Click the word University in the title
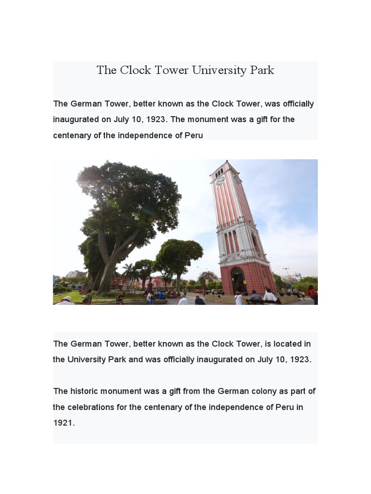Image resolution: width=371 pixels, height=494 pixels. click(x=219, y=70)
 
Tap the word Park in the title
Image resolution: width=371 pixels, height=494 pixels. click(x=262, y=70)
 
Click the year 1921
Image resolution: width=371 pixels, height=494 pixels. click(x=63, y=423)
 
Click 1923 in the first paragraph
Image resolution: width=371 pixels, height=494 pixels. click(x=155, y=120)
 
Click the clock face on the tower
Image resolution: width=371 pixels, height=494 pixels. click(x=220, y=181)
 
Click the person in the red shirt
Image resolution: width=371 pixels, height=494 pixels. click(x=312, y=292)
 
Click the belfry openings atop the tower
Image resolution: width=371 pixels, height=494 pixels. click(x=219, y=171)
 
